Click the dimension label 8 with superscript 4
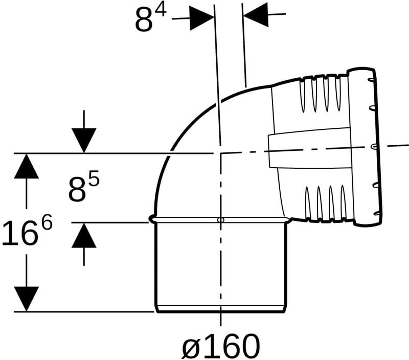[150, 18]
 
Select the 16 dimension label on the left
[19, 233]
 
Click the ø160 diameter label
[221, 346]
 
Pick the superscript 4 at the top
[161, 11]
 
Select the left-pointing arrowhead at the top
[256, 14]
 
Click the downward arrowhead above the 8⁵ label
[84, 140]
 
